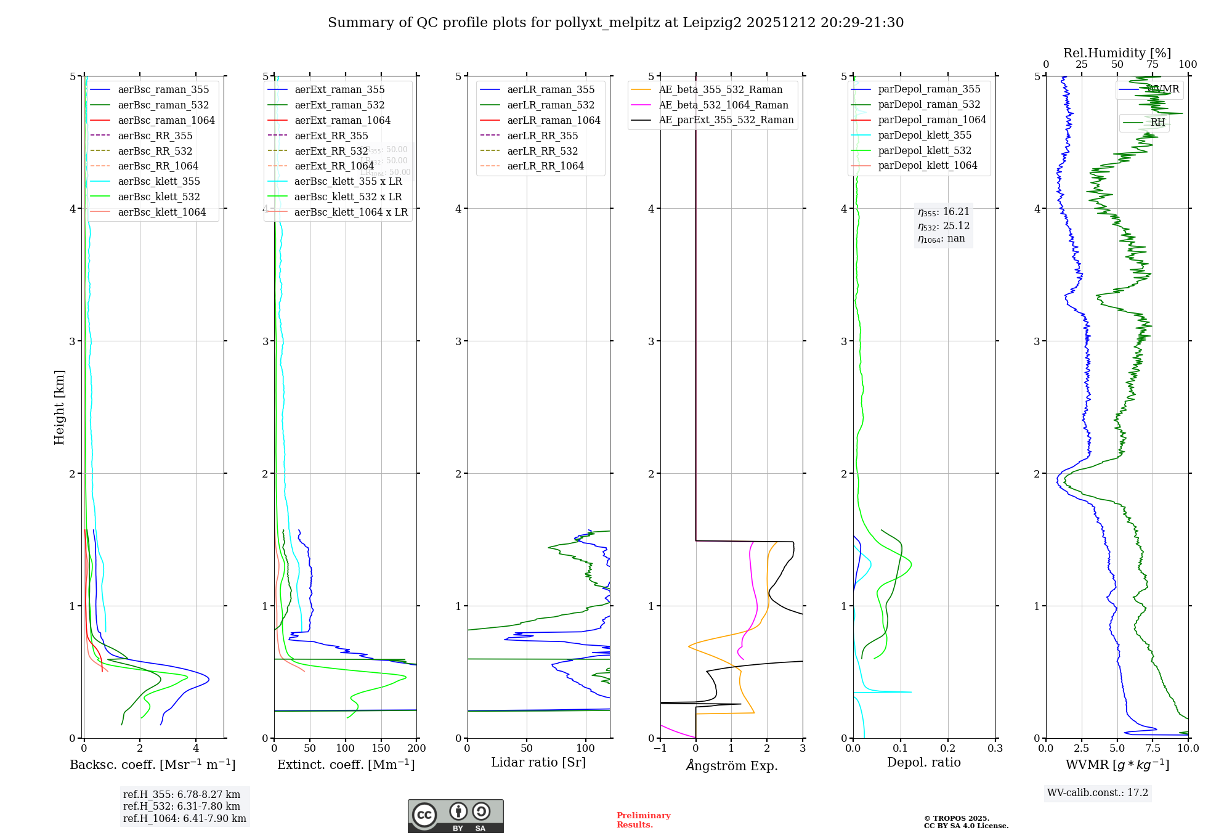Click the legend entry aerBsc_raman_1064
point(166,120)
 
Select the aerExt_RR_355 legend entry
point(331,136)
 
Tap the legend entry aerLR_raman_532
point(551,105)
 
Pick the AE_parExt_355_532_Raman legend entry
point(726,120)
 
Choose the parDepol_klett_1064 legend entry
point(927,165)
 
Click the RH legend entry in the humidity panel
point(1157,122)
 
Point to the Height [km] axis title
point(59,407)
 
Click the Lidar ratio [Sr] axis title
point(538,762)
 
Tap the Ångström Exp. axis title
point(731,765)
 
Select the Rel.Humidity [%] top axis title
point(1117,53)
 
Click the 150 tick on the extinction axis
point(381,748)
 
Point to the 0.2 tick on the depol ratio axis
point(948,748)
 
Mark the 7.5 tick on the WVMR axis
point(1153,748)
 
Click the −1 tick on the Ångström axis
point(660,748)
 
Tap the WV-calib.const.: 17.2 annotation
point(1097,792)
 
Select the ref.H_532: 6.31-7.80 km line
point(181,806)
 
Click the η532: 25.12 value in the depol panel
point(943,226)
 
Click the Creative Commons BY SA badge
point(455,816)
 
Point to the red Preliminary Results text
point(643,820)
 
